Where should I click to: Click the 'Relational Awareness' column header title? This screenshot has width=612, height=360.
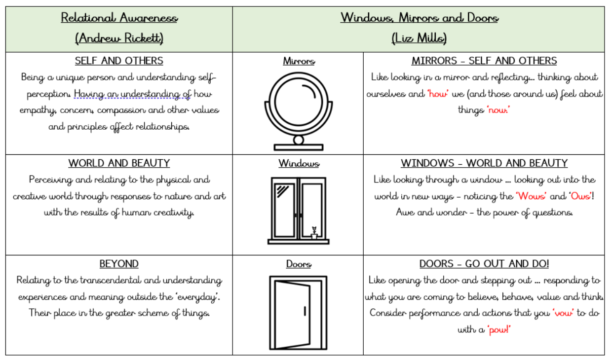[x=119, y=18]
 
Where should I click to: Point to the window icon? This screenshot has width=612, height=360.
[x=298, y=210]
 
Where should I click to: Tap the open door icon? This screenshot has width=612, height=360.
[x=298, y=312]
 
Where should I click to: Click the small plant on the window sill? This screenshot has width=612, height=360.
[x=313, y=232]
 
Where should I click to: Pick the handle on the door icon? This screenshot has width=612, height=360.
[x=305, y=311]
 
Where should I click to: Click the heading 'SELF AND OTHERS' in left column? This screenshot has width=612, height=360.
[x=119, y=61]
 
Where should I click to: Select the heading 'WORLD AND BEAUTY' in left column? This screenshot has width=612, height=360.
[x=119, y=163]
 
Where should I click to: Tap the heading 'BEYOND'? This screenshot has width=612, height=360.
[x=119, y=264]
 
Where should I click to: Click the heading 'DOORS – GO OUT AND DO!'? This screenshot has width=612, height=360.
[x=484, y=264]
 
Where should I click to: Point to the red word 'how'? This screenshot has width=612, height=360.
[x=437, y=94]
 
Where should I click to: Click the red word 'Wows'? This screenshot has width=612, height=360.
[x=531, y=196]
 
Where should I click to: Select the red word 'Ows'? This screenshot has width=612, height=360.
[x=580, y=196]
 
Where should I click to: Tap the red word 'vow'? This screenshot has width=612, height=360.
[x=563, y=313]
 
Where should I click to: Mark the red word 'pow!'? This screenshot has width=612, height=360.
[x=499, y=329]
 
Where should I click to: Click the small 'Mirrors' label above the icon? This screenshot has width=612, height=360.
[x=299, y=61]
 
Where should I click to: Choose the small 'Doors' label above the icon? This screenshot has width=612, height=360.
[x=299, y=264]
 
